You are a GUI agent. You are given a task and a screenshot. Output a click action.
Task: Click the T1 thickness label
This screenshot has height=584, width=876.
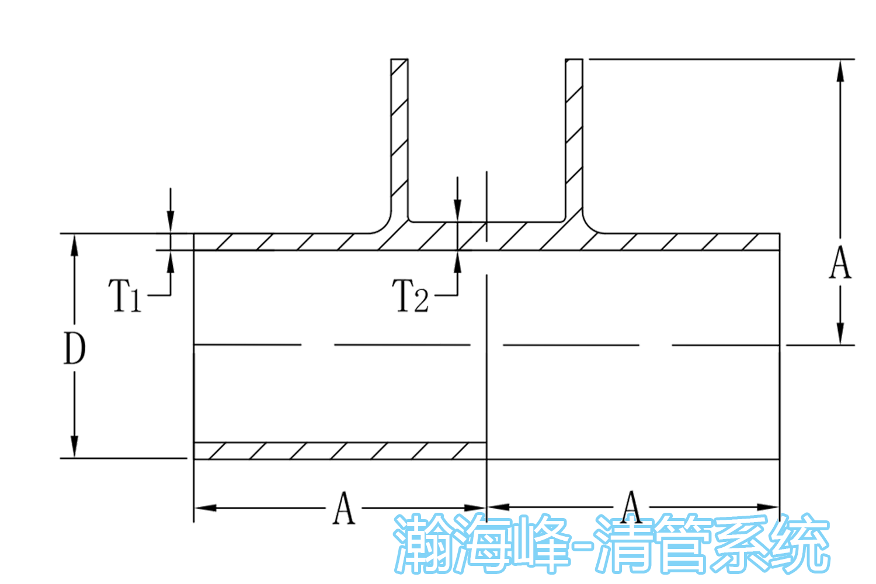coord(124,295)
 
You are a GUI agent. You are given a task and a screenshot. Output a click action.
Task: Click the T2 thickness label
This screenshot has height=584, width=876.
coord(412,296)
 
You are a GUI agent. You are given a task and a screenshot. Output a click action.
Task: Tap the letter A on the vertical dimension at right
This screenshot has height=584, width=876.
coord(840,263)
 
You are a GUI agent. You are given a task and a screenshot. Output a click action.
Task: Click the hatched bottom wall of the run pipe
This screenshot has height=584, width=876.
coord(339,451)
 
